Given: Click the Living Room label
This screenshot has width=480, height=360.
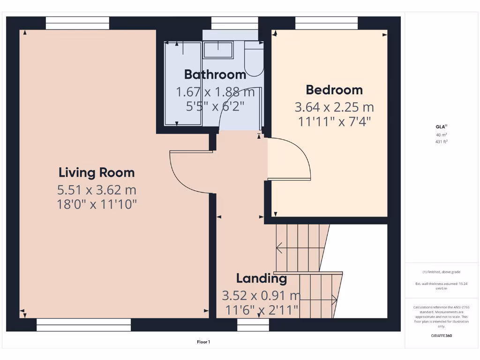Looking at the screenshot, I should (x=97, y=172).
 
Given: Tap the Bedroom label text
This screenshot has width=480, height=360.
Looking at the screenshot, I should (x=334, y=90).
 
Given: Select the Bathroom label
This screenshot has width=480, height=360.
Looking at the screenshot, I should (x=215, y=75).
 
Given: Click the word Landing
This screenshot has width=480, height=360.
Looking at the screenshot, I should (x=261, y=278).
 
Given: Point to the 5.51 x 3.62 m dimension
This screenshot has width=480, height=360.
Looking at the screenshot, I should (x=97, y=190).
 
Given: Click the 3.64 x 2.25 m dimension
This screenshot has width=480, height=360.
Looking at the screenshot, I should (x=334, y=107).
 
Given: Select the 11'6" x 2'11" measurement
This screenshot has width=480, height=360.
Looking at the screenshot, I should (x=261, y=310).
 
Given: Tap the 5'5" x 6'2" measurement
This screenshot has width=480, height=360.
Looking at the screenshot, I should (x=215, y=106).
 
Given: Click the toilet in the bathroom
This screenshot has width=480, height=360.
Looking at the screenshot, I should (x=254, y=59).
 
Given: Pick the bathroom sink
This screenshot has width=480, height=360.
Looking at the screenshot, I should (x=218, y=50).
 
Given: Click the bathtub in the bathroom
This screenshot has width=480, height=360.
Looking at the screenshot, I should (x=183, y=83).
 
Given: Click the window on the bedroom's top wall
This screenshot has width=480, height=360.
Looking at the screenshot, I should (x=326, y=23).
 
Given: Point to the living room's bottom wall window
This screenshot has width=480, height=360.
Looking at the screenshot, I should (x=83, y=324).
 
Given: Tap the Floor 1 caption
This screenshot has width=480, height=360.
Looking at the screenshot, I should (x=203, y=342).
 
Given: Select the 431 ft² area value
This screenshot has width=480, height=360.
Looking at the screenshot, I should (x=441, y=141).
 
